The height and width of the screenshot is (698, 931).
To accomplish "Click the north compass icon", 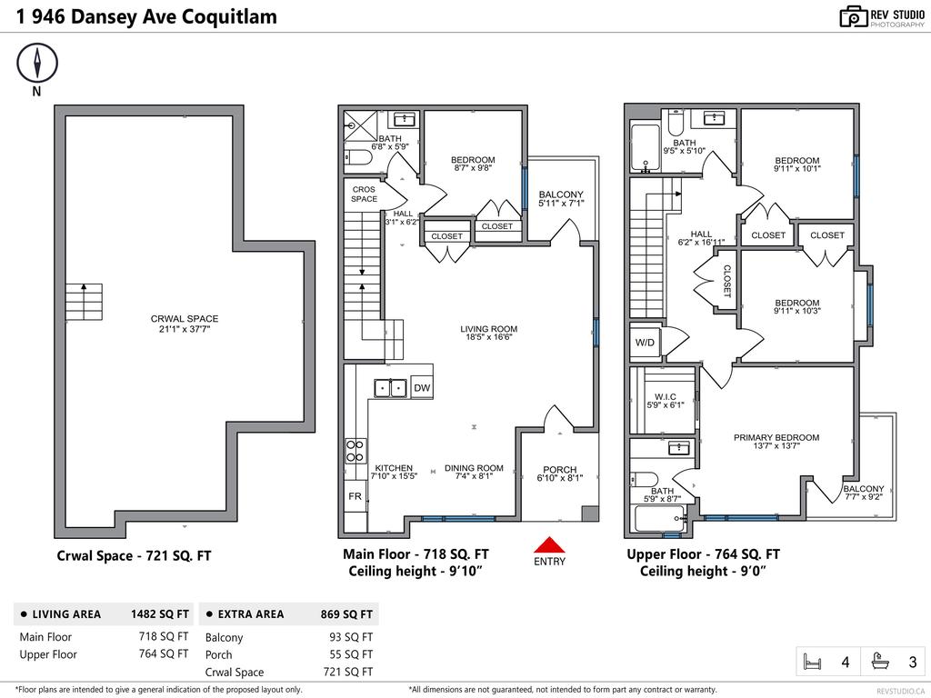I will point(37,64).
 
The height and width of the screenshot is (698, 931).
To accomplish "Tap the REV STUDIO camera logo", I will point(853,16).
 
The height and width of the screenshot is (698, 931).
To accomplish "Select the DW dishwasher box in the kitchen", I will point(422,388).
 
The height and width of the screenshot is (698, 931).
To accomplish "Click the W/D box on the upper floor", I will point(645,343).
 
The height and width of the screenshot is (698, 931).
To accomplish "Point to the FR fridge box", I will point(355,497).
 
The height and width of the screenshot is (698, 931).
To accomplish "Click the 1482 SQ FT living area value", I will point(160,614).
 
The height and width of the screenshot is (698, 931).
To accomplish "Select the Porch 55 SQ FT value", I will point(351,654).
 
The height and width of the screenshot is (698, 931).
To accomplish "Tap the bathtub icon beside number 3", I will point(880,663).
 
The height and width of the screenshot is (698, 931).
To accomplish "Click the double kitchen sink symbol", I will point(391,388).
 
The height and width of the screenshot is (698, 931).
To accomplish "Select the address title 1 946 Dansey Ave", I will point(146,16).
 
